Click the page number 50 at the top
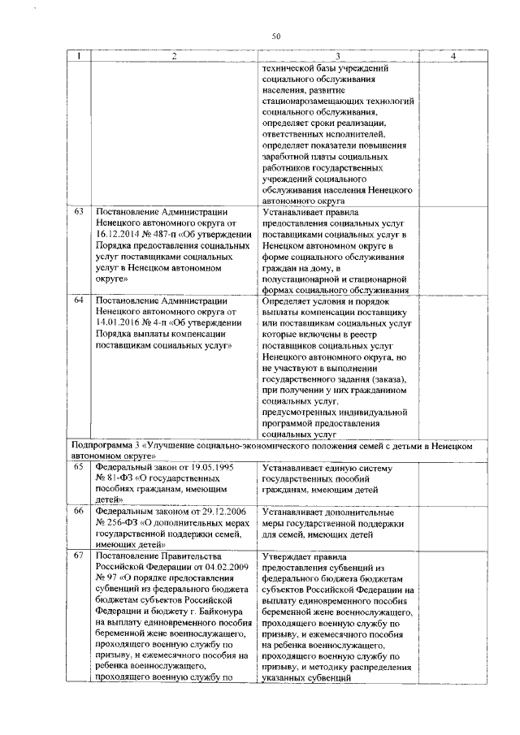[x=275, y=37]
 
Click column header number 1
[x=78, y=56]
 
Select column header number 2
[x=173, y=56]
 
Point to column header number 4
[x=452, y=56]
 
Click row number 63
[x=79, y=211]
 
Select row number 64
[x=79, y=300]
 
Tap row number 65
[x=79, y=468]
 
